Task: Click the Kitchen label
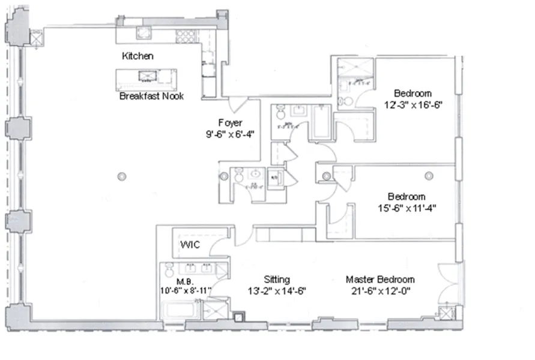138,56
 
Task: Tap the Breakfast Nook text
151,96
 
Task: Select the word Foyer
230,122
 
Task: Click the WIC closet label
190,245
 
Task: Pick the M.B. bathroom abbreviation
184,280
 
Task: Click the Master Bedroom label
379,280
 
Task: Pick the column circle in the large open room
122,176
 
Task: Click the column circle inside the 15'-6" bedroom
429,176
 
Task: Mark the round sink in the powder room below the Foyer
238,175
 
